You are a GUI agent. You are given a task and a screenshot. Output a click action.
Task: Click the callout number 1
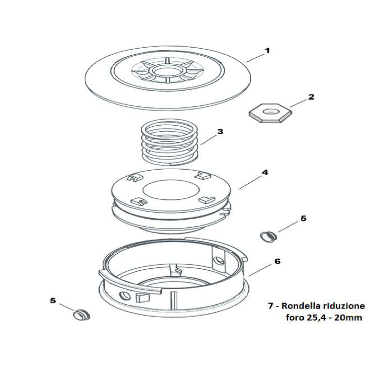click(267, 50)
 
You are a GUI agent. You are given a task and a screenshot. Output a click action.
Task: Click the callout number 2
click(311, 97)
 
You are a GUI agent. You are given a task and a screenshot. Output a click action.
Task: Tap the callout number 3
click(220, 132)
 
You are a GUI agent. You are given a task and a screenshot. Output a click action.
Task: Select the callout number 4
click(265, 172)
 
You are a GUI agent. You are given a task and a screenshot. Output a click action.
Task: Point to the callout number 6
click(277, 261)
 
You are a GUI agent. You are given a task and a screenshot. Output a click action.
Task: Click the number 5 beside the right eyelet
click(303, 219)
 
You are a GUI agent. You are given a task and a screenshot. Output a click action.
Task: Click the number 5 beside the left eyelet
click(53, 301)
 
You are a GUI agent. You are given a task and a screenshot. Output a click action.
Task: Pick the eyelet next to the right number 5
click(268, 235)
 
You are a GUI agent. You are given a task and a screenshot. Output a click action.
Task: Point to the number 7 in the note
click(270, 307)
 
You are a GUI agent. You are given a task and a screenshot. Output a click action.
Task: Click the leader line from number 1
click(256, 57)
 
